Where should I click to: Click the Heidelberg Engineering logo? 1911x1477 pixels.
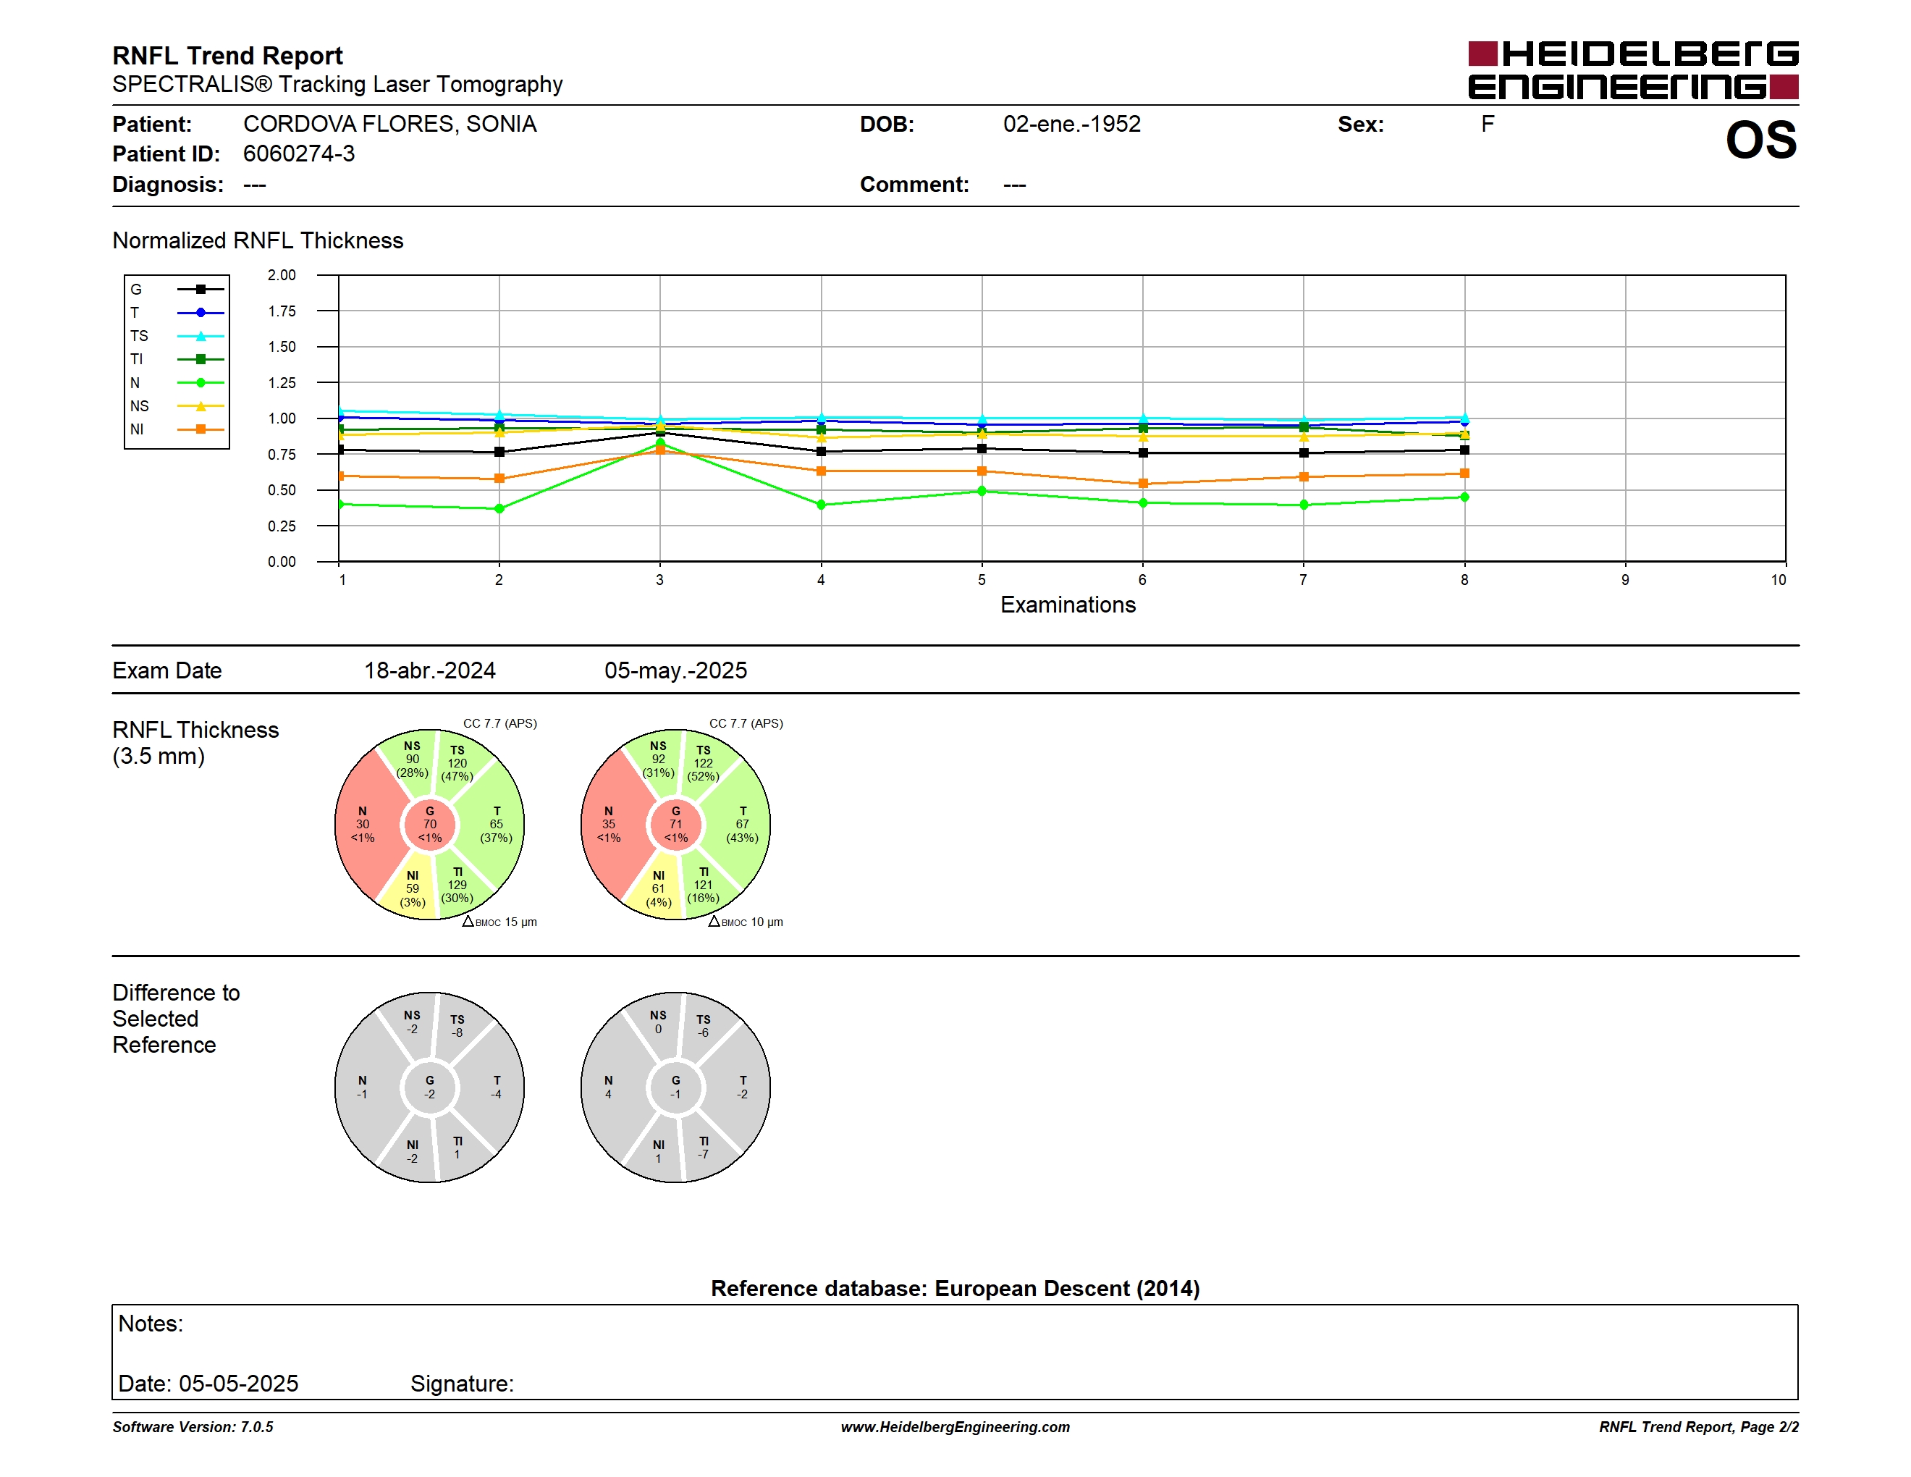(x=1633, y=70)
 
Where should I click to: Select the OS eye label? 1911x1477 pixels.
(x=1760, y=140)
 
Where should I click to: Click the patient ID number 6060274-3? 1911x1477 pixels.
(x=299, y=154)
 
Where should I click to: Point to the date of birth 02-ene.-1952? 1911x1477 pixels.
(x=1072, y=125)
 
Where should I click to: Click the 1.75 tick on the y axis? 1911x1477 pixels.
(x=282, y=311)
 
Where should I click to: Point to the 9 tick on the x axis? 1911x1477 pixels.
(x=1625, y=580)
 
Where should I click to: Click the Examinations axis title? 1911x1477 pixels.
(x=1068, y=605)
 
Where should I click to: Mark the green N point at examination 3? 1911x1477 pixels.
(x=659, y=445)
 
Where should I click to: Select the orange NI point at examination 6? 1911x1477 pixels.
(x=1143, y=484)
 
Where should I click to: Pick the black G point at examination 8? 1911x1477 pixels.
(x=1464, y=450)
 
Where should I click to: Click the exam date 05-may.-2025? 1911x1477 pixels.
(x=675, y=671)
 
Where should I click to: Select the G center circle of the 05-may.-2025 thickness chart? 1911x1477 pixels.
(x=675, y=824)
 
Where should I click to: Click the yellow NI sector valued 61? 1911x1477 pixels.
(x=658, y=888)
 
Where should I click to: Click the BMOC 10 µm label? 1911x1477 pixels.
(x=746, y=922)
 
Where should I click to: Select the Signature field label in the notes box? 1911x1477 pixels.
(x=462, y=1384)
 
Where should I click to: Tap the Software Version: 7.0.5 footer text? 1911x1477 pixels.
(x=193, y=1427)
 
